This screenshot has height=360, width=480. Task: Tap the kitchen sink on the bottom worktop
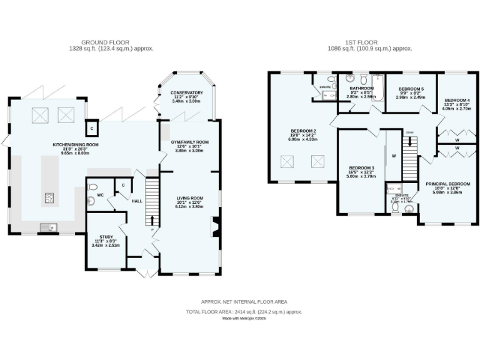pyautogui.click(x=48, y=226)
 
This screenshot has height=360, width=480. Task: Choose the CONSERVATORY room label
pyautogui.click(x=187, y=93)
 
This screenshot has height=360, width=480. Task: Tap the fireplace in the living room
pyautogui.click(x=215, y=226)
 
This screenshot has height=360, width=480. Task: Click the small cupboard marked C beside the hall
pyautogui.click(x=123, y=185)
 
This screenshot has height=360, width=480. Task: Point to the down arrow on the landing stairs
pyautogui.click(x=409, y=133)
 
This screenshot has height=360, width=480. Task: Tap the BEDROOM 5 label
pyautogui.click(x=411, y=89)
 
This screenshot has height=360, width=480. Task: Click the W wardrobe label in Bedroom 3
pyautogui.click(x=394, y=156)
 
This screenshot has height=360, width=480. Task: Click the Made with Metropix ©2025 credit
pyautogui.click(x=244, y=318)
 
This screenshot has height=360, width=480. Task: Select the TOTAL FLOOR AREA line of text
pyautogui.click(x=244, y=311)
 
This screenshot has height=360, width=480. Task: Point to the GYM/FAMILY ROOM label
pyautogui.click(x=189, y=142)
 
